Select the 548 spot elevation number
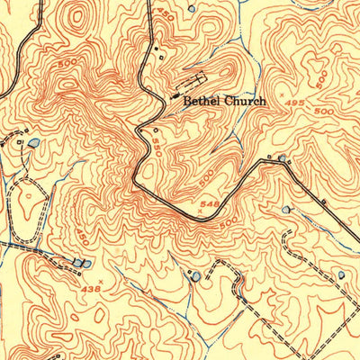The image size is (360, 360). [x=211, y=205]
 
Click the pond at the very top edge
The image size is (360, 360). [x=190, y=7]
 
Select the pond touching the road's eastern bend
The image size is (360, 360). [x=283, y=158]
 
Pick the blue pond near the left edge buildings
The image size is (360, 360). [x=33, y=143]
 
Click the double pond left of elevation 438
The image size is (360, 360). [x=81, y=263]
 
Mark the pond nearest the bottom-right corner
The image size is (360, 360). [x=341, y=274]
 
